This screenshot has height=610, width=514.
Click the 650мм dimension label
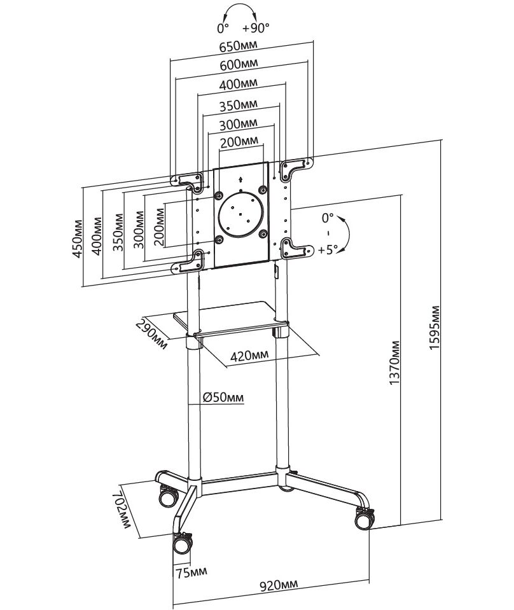coord(238,46)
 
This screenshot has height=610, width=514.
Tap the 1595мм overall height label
coord(435,328)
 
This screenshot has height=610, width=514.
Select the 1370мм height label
coord(395,363)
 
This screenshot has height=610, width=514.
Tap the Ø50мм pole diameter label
coord(223,397)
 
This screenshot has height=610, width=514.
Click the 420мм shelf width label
coord(249,355)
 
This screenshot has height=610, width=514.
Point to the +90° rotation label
coord(256,29)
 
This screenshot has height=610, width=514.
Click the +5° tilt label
coord(328,250)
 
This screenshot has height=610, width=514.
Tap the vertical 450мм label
coord(78,239)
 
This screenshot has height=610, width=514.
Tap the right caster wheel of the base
coord(365,519)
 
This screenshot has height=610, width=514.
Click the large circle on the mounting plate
coord(241,214)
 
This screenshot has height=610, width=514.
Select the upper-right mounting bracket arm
coord(296,168)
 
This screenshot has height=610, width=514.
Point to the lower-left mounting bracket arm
coord(188,262)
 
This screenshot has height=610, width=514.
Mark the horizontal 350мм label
coord(238,105)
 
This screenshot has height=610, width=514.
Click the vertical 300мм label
coord(138,230)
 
